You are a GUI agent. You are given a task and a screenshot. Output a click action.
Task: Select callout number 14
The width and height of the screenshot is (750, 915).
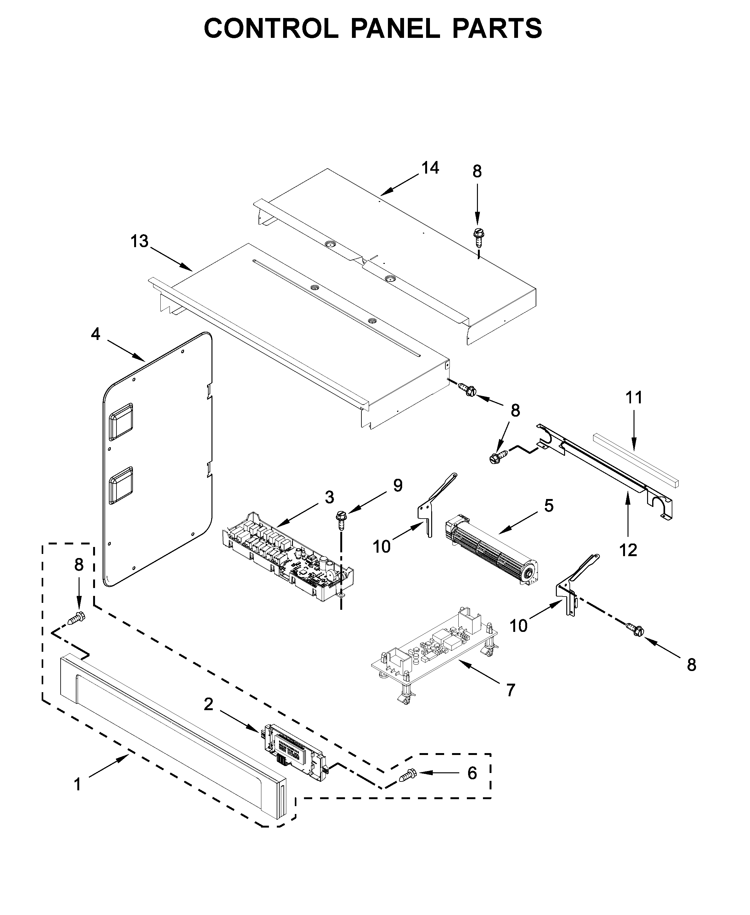pos(430,168)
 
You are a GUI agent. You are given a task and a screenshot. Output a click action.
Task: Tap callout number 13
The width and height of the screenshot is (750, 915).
pos(140,241)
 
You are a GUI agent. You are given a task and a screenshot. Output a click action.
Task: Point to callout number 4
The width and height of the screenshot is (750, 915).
pos(95,334)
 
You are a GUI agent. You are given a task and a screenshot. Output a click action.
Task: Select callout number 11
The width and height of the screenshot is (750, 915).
pos(634,397)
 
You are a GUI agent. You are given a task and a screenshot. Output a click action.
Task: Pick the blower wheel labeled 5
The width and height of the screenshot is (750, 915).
pos(491,551)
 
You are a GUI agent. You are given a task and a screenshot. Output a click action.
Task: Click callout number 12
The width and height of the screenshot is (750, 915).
pos(628,550)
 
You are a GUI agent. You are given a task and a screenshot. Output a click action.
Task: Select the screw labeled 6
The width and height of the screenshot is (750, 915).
pos(407,775)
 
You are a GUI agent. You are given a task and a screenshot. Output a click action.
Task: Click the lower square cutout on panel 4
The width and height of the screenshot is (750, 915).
pos(122,485)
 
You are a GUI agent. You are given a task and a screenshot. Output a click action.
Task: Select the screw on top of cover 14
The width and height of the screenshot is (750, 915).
pos(478,236)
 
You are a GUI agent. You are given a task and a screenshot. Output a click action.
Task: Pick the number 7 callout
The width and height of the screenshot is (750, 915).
pos(511,690)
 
